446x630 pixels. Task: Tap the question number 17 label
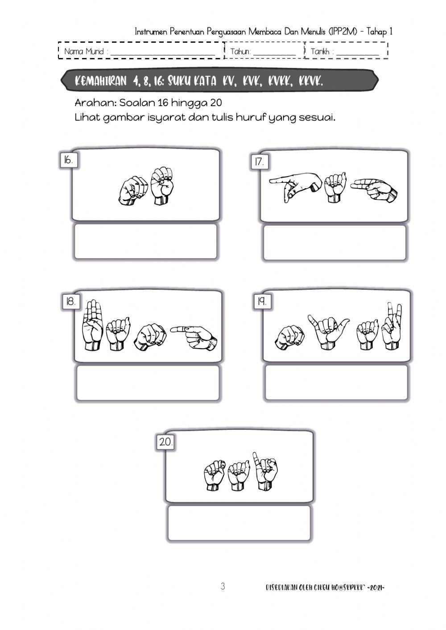259,162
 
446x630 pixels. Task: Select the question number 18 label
70,302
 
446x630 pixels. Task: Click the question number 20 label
165,442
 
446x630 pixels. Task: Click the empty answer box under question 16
145,242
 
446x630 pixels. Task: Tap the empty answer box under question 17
334,243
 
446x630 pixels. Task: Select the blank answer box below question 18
148,383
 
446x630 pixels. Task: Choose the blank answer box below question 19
336,383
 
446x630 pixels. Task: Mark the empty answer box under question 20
239,523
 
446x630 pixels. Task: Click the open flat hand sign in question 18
93,324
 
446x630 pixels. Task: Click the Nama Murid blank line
163,53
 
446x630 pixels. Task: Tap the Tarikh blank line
357,53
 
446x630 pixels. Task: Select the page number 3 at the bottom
223,586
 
